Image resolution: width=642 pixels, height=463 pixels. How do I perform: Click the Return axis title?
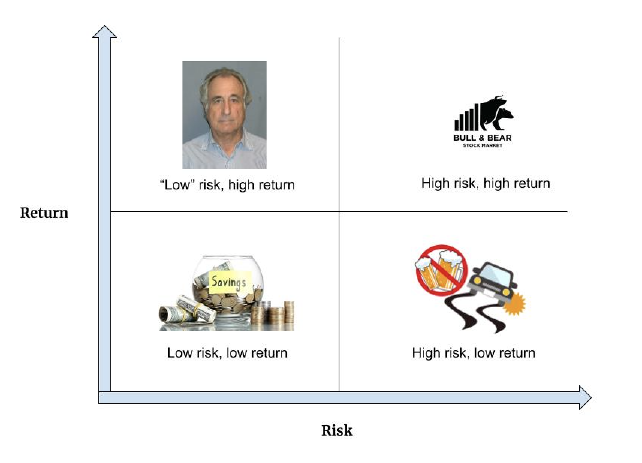pyautogui.click(x=44, y=213)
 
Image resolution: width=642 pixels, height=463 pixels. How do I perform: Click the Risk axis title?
pyautogui.click(x=337, y=430)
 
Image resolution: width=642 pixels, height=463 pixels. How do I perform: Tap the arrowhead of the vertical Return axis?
pyautogui.click(x=105, y=32)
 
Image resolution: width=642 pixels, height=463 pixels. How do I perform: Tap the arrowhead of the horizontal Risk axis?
pyautogui.click(x=585, y=398)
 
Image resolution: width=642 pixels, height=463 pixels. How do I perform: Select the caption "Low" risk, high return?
pyautogui.click(x=227, y=185)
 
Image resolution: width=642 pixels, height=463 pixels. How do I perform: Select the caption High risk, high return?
pyautogui.click(x=485, y=183)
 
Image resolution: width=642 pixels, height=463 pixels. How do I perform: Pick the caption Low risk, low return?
pyautogui.click(x=227, y=353)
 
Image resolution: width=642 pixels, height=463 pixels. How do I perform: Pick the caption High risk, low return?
pyautogui.click(x=473, y=353)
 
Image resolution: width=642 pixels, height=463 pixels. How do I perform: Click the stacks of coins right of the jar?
pyautogui.click(x=276, y=313)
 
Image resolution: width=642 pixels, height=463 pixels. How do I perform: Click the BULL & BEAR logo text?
pyautogui.click(x=482, y=138)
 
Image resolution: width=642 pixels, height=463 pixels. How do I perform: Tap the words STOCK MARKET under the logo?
pyautogui.click(x=482, y=145)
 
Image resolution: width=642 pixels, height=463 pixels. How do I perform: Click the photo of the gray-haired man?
pyautogui.click(x=224, y=115)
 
